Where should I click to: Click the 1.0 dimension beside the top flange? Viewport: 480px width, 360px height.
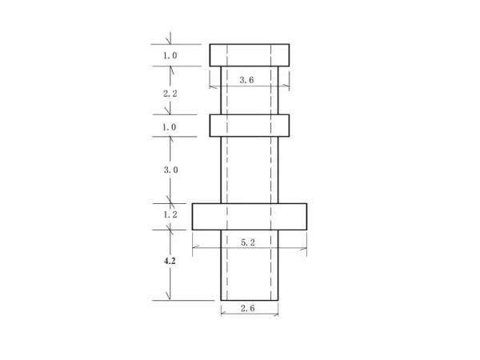pos(170,56)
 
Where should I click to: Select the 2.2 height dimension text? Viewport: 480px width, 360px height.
pos(170,94)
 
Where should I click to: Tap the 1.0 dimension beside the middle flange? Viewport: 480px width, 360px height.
pos(170,127)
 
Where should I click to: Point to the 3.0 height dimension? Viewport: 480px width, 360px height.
pos(170,170)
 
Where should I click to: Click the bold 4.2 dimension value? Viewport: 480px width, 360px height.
pos(170,262)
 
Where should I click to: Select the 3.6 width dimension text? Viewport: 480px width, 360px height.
pos(248,79)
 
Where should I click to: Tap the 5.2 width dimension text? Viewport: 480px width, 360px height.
pos(248,242)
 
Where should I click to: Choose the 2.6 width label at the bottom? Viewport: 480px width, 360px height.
pos(248,308)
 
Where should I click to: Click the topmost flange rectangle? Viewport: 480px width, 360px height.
pos(249,54)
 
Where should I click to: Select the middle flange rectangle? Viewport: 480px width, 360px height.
pos(249,126)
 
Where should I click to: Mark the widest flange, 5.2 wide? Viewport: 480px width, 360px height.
pos(249,216)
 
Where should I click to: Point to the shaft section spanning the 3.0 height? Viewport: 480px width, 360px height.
pos(249,170)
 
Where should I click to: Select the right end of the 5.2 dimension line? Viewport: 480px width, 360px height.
pos(306,247)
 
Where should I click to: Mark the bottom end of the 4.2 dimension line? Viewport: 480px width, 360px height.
pos(169,301)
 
